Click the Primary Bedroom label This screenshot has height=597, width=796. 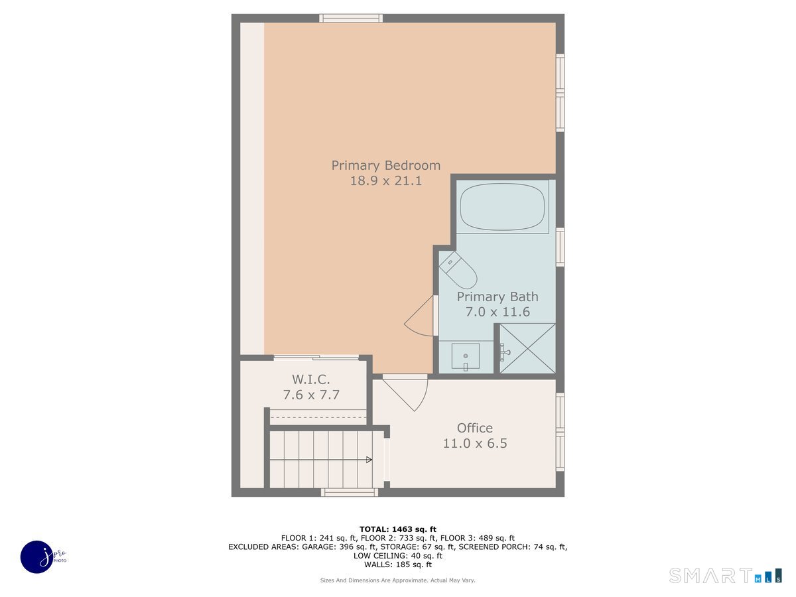tap(385, 165)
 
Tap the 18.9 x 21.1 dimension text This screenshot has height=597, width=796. tap(385, 180)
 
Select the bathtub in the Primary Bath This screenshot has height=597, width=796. tap(503, 206)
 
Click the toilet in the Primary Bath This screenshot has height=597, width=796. tap(458, 269)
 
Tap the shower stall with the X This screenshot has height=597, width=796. tap(527, 348)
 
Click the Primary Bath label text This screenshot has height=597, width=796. tap(497, 297)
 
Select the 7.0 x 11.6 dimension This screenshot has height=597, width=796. tap(497, 312)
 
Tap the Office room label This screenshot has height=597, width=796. tap(474, 428)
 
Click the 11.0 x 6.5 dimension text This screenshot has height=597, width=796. tap(474, 443)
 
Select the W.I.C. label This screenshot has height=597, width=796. tap(311, 379)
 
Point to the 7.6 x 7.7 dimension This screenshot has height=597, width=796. tap(311, 395)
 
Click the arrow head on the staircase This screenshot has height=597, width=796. tap(369, 459)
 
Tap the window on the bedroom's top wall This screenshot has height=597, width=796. tap(351, 18)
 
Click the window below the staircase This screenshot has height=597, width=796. tap(350, 492)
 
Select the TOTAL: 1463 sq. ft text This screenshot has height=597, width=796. tap(397, 529)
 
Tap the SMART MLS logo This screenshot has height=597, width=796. tap(725, 575)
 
